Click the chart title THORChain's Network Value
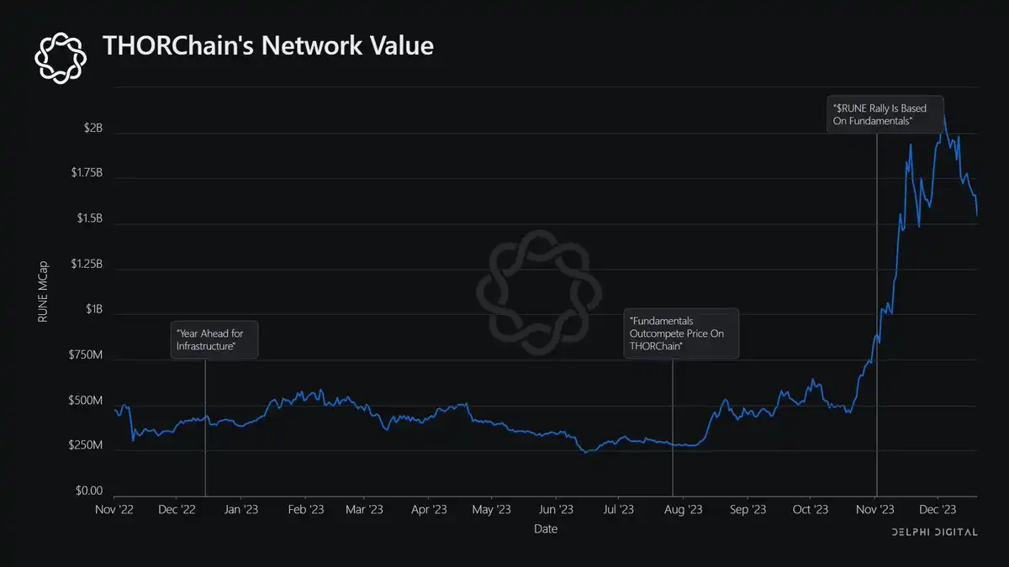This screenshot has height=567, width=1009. (x=267, y=46)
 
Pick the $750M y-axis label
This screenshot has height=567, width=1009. (x=85, y=356)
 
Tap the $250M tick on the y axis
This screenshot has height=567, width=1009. (x=85, y=446)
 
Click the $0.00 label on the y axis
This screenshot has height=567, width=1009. (x=87, y=491)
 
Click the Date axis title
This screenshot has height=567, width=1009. (x=545, y=529)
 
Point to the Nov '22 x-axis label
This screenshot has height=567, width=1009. (x=114, y=509)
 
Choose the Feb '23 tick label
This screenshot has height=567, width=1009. (x=306, y=509)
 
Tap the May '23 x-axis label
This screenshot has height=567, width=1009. (x=491, y=509)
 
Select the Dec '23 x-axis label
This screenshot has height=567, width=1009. (x=938, y=509)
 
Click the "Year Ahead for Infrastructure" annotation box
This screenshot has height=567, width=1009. (x=214, y=340)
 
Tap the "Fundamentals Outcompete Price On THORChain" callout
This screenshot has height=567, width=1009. (x=681, y=333)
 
